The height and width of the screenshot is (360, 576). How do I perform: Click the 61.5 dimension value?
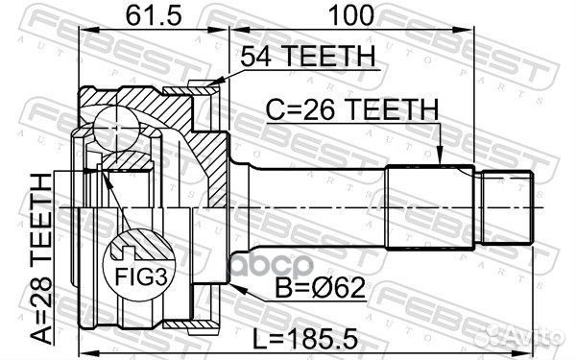(153, 15)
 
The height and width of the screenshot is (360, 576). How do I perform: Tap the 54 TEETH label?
(308, 56)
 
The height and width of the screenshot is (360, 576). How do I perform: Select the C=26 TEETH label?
(352, 109)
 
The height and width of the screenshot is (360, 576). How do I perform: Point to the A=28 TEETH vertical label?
(40, 259)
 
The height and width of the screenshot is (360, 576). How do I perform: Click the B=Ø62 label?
(320, 288)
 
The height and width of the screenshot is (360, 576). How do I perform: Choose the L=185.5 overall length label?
(305, 339)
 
